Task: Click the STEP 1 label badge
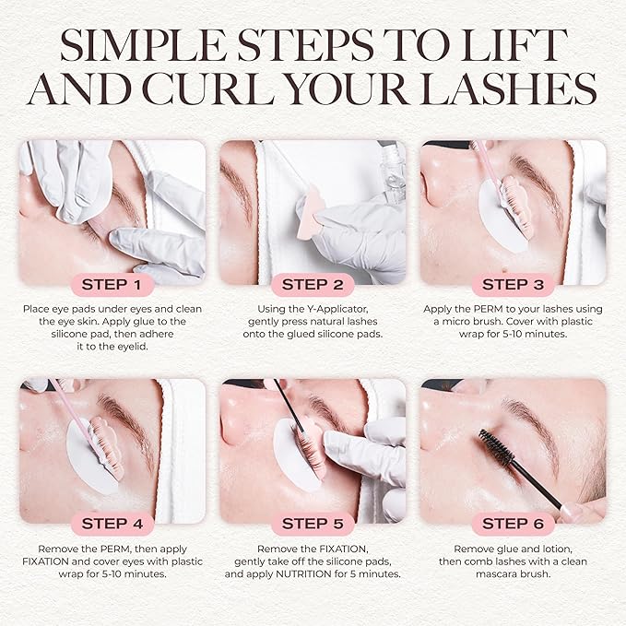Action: (x=112, y=284)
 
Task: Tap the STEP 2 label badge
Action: (x=313, y=284)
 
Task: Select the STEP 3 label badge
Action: (x=513, y=284)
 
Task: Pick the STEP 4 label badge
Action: (x=112, y=523)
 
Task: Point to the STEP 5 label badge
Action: (x=313, y=523)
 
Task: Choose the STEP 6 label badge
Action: (x=513, y=523)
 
